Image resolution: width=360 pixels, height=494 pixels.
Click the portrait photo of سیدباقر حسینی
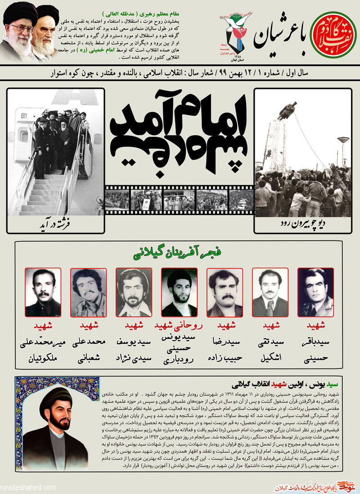[315, 292]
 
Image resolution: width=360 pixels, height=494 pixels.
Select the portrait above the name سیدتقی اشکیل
[270, 292]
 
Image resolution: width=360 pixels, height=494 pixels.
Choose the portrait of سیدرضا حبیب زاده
[225, 292]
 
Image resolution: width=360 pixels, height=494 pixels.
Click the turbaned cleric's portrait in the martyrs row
[179, 292]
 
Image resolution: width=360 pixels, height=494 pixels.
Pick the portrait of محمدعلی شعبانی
[89, 292]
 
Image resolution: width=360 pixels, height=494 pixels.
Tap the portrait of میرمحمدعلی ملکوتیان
[43, 292]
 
